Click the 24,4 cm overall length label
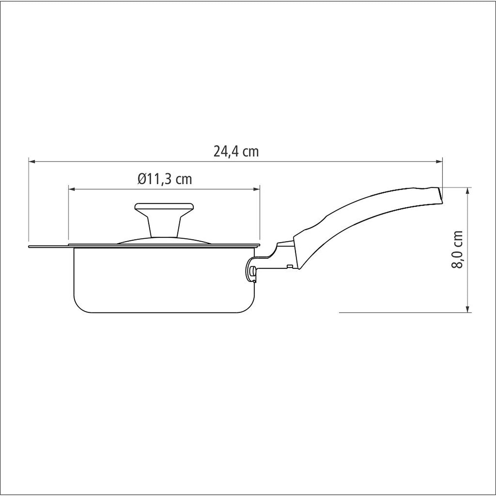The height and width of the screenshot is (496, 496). pos(236,152)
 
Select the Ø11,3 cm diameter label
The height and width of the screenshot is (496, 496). pos(165,179)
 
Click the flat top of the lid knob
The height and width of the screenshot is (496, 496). pos(164,205)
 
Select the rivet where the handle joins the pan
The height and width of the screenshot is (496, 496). pos(253,270)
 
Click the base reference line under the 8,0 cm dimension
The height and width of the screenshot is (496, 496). pos(404,313)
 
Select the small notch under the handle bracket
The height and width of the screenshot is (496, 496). pos(289,267)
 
